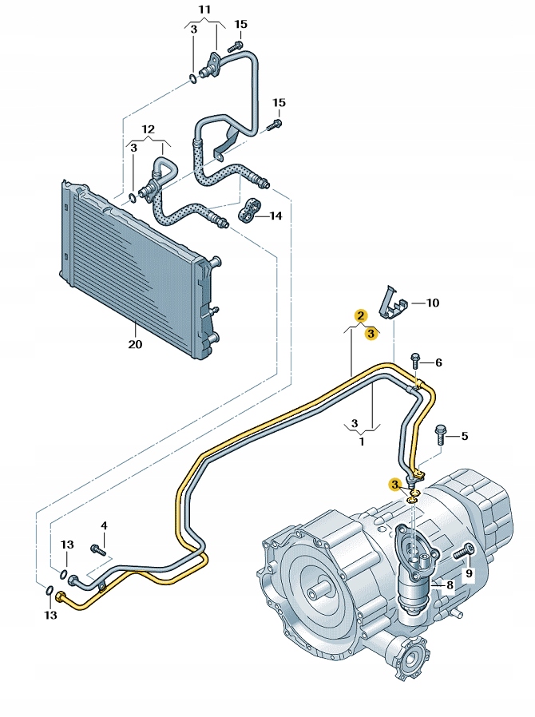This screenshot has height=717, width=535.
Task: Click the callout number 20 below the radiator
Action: [134, 345]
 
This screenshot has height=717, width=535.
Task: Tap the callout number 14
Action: [275, 216]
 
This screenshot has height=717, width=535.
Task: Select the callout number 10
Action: [432, 303]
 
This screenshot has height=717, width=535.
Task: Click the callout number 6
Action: [438, 362]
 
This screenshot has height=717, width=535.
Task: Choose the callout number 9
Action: [470, 572]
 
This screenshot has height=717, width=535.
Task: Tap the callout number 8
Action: [450, 585]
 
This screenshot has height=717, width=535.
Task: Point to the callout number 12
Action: [149, 129]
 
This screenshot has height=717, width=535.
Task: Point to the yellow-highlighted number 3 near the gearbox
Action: [394, 484]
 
